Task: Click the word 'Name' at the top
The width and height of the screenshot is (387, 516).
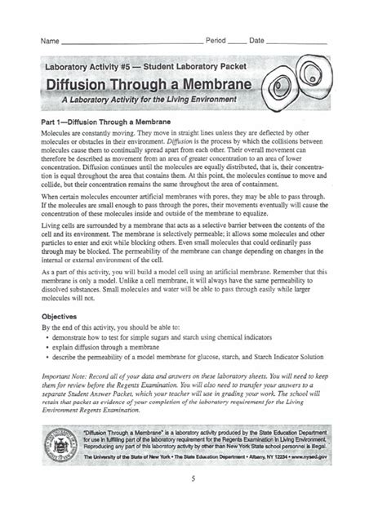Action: tap(50, 40)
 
